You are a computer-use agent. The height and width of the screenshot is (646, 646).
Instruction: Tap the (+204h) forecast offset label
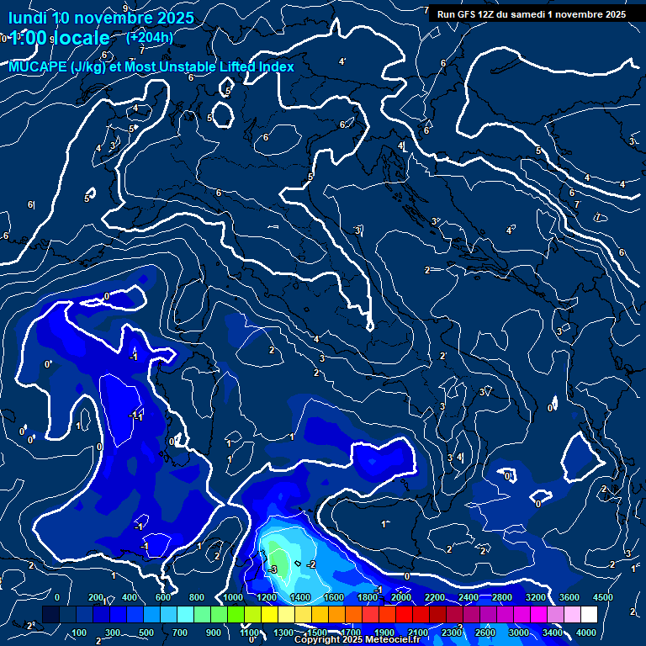[149, 37]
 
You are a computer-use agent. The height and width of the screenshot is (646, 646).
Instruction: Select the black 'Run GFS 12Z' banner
[530, 14]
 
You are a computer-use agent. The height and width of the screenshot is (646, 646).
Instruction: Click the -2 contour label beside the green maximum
[311, 564]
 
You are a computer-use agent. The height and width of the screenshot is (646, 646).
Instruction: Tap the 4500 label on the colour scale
[603, 597]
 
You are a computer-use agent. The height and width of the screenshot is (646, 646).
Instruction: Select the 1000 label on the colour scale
[233, 597]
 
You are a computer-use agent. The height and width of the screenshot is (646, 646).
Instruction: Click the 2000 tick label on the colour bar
[401, 597]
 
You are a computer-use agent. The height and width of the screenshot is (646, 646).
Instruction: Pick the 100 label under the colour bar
[80, 633]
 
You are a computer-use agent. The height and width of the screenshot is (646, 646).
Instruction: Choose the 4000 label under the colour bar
[587, 633]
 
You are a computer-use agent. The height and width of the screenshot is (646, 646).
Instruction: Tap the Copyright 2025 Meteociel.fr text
[357, 640]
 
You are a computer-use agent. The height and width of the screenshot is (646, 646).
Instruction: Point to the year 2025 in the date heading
[173, 17]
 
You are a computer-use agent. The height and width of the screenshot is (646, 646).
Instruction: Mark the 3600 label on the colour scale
[569, 597]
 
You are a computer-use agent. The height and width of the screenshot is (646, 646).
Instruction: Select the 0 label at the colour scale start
[56, 597]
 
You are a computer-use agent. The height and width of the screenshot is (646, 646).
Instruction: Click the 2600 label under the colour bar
[485, 633]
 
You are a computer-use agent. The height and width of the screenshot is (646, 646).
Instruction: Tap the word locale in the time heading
[81, 38]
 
